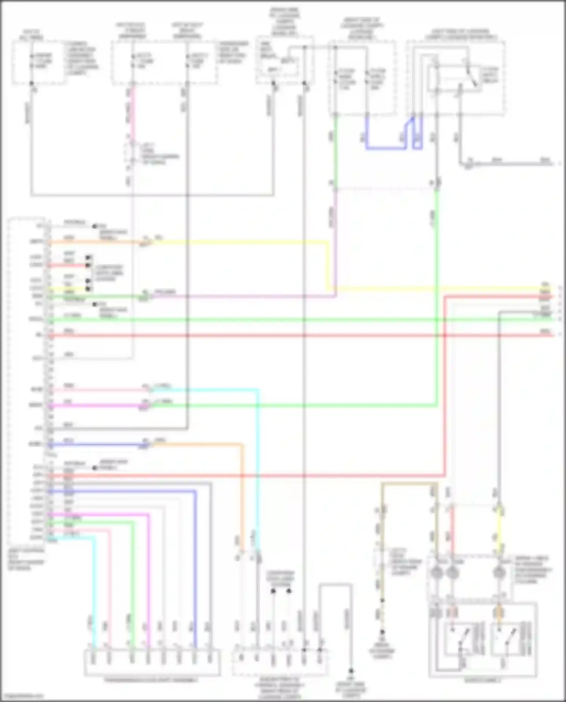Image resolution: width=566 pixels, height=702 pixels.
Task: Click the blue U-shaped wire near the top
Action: click(x=385, y=148)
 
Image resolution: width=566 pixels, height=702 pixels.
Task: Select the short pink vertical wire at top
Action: click(x=132, y=113)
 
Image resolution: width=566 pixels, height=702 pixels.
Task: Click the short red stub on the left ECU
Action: click(x=68, y=266)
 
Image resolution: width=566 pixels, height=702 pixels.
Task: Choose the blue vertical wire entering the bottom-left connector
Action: click(x=195, y=566)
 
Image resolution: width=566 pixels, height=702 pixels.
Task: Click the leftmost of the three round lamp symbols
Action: click(x=437, y=573)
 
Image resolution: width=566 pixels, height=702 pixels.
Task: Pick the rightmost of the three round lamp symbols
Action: click(x=499, y=573)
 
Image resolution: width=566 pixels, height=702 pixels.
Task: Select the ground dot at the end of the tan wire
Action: click(x=382, y=632)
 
